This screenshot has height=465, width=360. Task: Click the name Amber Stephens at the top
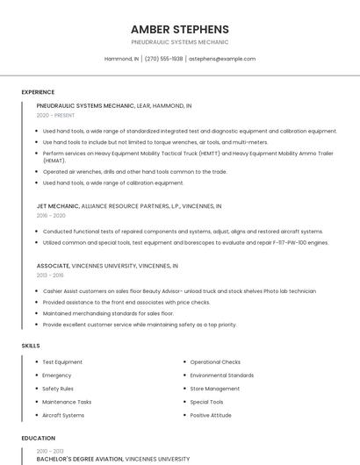click(x=179, y=29)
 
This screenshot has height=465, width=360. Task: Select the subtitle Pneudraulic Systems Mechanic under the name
click(x=179, y=42)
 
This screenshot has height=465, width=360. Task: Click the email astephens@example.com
click(x=222, y=59)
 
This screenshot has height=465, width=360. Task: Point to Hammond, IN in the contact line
click(x=121, y=59)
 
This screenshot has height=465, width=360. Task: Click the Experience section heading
click(x=38, y=92)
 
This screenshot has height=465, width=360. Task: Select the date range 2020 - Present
click(x=55, y=115)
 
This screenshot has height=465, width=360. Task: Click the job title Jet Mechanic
click(x=58, y=206)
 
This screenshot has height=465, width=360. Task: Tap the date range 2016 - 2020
click(x=51, y=216)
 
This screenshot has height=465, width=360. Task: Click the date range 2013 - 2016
click(x=50, y=275)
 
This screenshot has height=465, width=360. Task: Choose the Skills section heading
click(x=31, y=346)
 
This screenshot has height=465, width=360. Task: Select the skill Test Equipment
click(x=62, y=361)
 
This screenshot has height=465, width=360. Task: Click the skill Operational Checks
click(x=215, y=361)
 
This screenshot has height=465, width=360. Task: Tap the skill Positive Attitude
click(x=211, y=415)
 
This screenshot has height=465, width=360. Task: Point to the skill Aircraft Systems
click(x=63, y=415)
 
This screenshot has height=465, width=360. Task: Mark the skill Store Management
click(x=214, y=389)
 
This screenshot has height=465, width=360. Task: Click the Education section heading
click(x=38, y=438)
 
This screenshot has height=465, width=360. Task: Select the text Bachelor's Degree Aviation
click(x=79, y=459)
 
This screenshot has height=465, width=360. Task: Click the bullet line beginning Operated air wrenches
click(x=134, y=172)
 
